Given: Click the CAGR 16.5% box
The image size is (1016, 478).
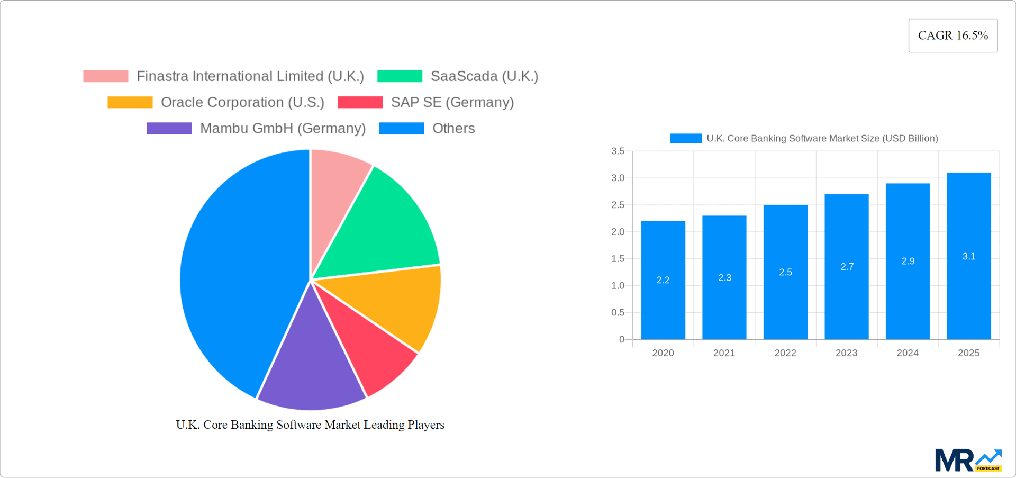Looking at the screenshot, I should pos(952,35).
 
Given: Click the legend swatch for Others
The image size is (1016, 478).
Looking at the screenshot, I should pos(401,129).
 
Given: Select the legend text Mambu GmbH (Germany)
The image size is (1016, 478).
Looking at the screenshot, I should pos(283,129).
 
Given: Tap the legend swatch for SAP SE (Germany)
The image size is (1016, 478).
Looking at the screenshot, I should pos(360,102).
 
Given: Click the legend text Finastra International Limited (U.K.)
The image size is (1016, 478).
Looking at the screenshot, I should pos(250,76).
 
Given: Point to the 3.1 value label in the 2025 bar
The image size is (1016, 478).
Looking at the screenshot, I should pos(969,256).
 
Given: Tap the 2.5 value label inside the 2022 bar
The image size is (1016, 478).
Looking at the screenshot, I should pos(785,272).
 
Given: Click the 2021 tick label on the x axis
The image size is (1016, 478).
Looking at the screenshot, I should pos(724,353).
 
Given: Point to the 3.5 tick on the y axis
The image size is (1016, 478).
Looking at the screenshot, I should pos(618,151).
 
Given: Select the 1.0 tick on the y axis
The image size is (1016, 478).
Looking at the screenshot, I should pos(618,286).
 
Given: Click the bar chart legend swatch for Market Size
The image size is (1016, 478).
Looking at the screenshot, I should pos(686,138).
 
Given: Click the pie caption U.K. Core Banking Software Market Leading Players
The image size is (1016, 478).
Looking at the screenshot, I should pos(310,425).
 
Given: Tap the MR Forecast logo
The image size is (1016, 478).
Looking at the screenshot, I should pos(968,460).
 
